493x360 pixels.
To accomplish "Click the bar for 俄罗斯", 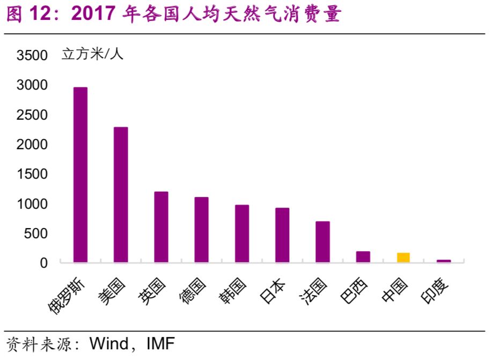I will [80, 175].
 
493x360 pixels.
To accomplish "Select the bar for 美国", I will [121, 195].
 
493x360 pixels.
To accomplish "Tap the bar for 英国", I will [161, 227].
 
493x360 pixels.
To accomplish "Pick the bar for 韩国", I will [242, 234].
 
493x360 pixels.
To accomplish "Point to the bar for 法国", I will [322, 242].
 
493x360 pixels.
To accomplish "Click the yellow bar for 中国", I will [403, 258].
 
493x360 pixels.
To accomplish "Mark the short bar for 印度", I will [444, 261].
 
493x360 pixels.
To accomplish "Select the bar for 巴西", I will [363, 257].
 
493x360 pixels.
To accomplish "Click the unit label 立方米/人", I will [92, 54].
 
